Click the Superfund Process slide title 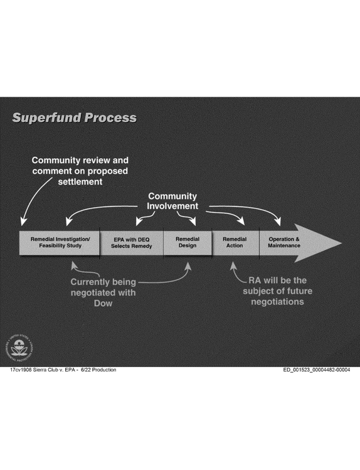[x=74, y=117]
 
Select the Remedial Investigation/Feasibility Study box [x=60, y=243]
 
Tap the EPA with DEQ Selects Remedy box [x=132, y=243]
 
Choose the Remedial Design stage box [x=188, y=243]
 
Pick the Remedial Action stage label [x=235, y=242]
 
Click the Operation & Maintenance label [x=284, y=242]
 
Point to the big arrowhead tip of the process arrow [x=342, y=243]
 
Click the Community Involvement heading [x=172, y=201]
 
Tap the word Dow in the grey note [x=103, y=303]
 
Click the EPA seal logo [x=19, y=348]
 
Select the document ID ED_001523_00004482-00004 [x=317, y=370]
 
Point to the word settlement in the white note [x=80, y=181]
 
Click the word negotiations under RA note [x=277, y=302]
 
